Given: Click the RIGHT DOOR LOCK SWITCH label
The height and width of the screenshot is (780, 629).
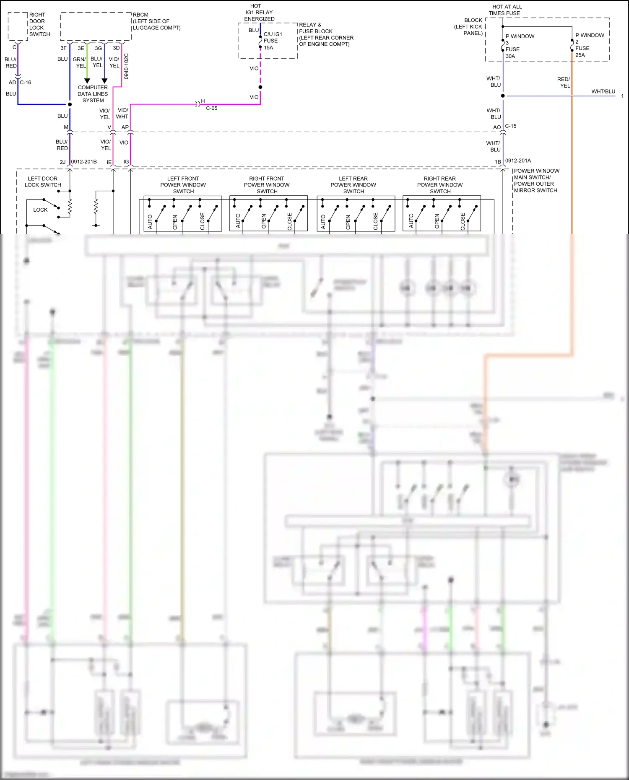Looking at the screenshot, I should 39,24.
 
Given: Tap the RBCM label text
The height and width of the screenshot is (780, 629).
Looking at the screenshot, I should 141,15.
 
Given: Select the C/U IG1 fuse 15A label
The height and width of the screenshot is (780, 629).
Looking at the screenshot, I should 272,41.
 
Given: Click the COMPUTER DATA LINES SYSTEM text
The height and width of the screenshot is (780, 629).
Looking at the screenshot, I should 93,94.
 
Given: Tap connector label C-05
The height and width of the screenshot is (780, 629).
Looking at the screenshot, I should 212,108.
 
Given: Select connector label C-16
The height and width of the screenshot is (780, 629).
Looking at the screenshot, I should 26,83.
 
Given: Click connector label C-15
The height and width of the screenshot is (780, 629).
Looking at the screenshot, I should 511,126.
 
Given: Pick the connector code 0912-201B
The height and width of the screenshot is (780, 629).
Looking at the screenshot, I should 84,162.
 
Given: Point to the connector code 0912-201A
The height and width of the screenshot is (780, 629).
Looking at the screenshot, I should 518,161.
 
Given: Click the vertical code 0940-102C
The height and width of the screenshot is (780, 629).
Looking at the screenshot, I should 126,66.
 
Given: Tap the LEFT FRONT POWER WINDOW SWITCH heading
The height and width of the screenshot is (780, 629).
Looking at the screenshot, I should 183,185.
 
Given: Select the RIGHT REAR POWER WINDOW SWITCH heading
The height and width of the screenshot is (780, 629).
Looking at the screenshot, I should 440,185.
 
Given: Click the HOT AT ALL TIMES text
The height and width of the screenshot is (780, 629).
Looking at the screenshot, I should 507,10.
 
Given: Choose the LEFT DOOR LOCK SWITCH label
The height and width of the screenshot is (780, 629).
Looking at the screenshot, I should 43,181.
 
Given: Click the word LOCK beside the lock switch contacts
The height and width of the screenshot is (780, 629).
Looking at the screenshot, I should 40,210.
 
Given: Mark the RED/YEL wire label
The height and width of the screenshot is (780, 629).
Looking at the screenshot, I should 564,82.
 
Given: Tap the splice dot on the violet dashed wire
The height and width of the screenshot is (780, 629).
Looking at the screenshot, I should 260,87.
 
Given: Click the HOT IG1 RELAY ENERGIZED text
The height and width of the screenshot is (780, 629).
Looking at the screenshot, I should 259,13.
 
